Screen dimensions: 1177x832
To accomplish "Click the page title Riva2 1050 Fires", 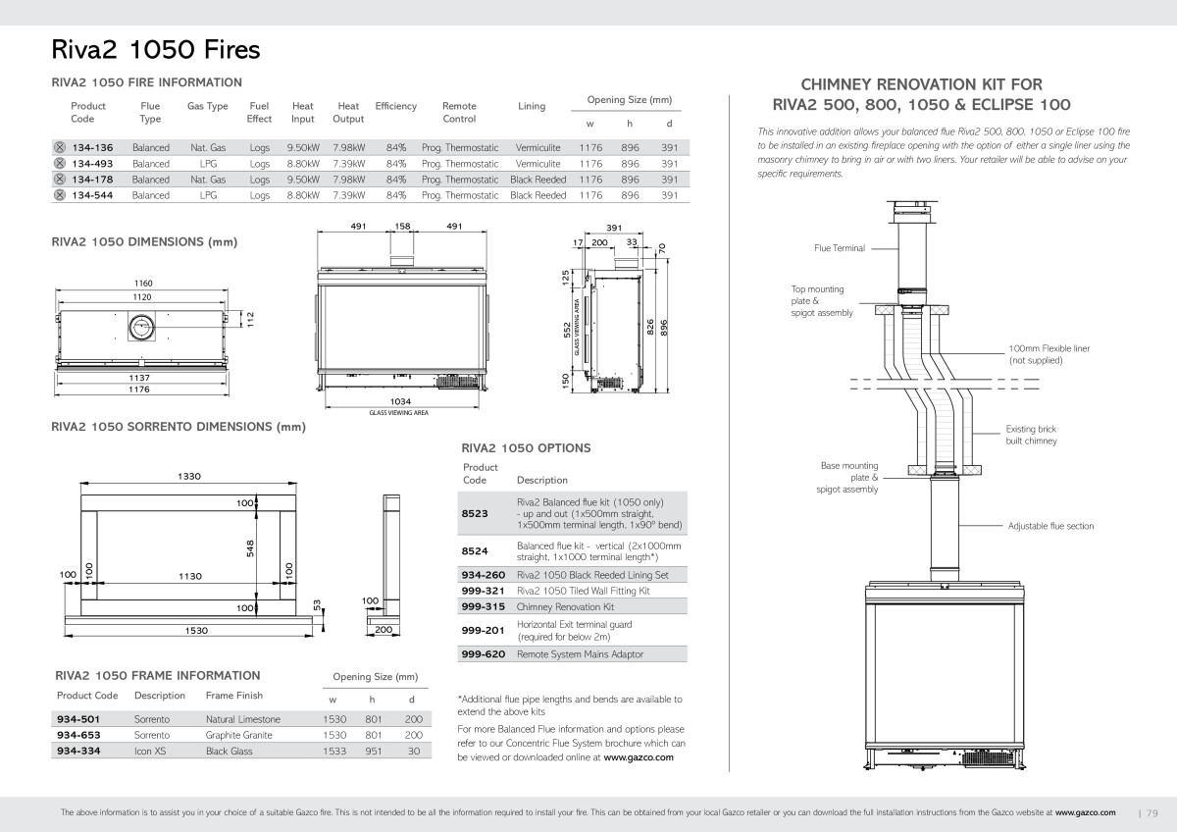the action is tap(156, 50).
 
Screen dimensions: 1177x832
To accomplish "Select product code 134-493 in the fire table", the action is tap(92, 164).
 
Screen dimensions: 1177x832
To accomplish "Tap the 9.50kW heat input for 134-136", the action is tap(303, 148).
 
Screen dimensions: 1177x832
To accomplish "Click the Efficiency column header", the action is tap(395, 106).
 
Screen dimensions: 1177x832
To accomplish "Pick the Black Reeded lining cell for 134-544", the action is tap(538, 195).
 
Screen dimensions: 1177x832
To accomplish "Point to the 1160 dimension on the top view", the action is tap(143, 284).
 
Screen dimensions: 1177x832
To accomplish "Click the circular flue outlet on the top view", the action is tap(141, 327).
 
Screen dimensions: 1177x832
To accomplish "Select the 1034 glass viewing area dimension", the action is tap(400, 401).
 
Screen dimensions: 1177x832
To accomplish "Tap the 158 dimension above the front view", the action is tap(402, 226).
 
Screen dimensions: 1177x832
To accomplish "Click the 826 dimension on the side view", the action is tap(650, 327).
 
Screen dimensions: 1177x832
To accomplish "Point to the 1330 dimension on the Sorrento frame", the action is tap(189, 476).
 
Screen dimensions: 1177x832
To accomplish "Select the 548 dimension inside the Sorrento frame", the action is tap(250, 548).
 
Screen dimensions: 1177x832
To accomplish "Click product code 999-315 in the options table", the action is tap(483, 606).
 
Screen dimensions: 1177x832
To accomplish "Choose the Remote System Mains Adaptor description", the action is tap(580, 654).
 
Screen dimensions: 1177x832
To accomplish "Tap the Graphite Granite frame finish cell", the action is tap(239, 735).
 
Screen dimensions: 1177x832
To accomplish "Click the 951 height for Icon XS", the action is tap(374, 752).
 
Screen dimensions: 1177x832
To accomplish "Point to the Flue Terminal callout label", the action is tap(840, 248).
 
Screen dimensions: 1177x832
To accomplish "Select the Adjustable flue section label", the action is tap(1050, 526).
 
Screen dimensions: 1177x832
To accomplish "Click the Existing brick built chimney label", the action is tap(1032, 435).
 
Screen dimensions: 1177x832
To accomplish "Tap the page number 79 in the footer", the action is tap(1152, 813).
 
